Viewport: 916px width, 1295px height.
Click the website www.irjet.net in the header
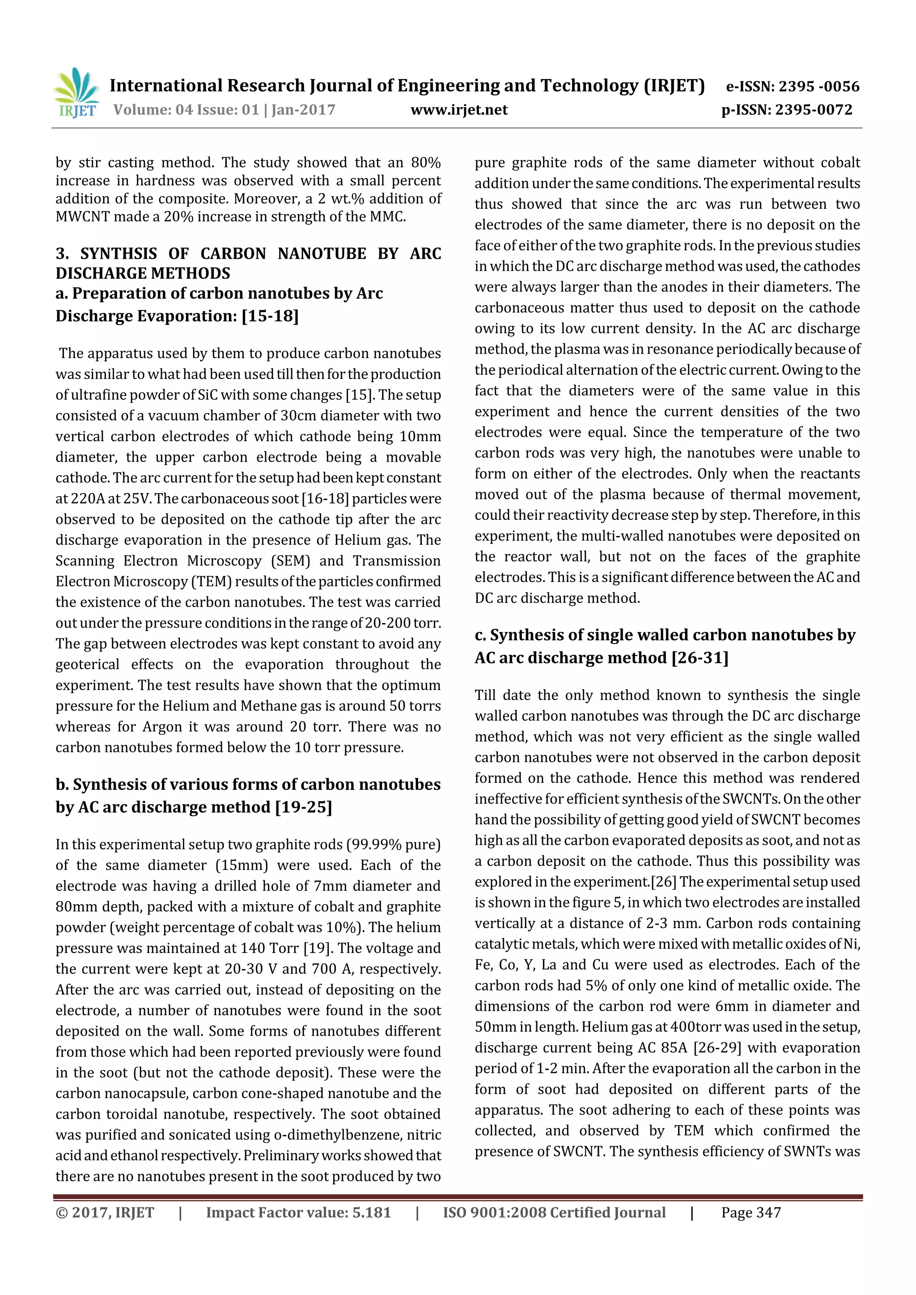[x=459, y=110]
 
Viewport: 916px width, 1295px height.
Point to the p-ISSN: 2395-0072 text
[x=787, y=110]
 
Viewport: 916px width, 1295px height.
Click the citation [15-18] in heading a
[x=270, y=316]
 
